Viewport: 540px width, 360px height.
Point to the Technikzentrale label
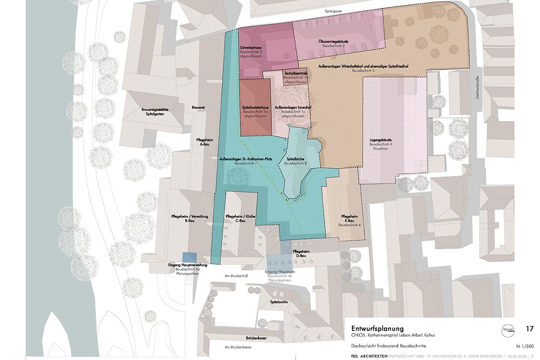click(296, 73)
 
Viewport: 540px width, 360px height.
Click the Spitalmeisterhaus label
click(255, 108)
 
